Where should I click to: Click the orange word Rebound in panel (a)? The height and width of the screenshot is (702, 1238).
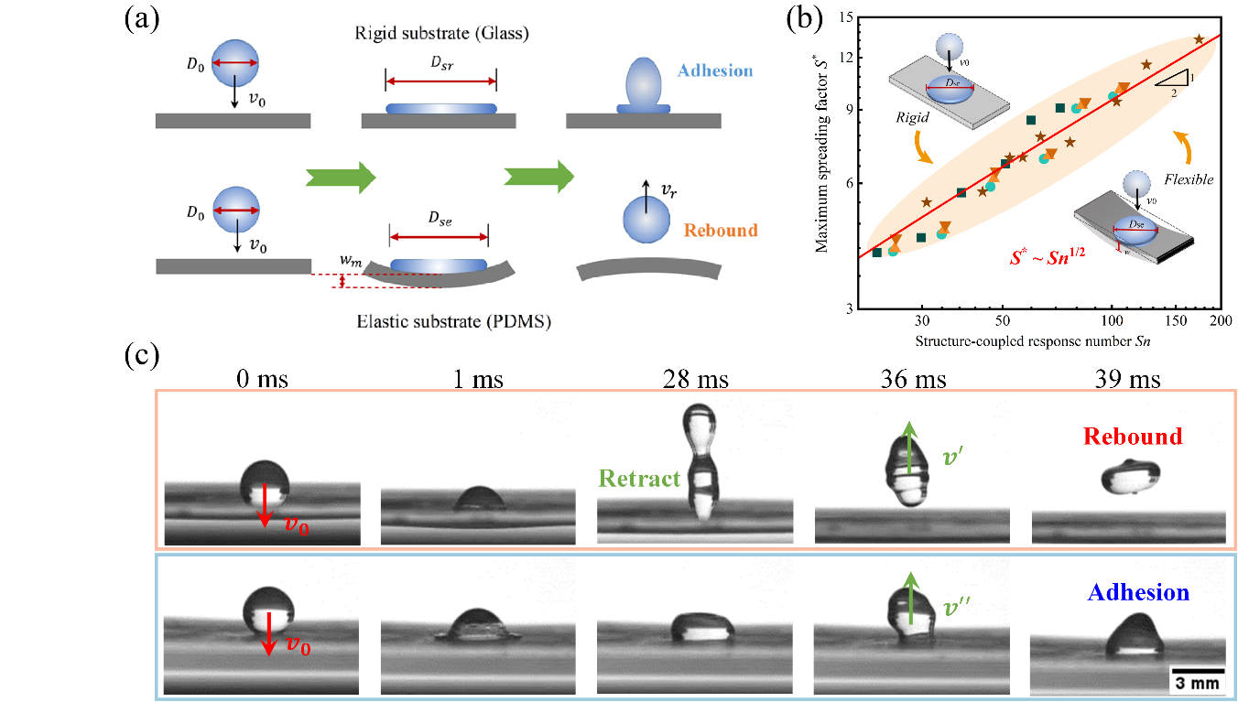point(721,230)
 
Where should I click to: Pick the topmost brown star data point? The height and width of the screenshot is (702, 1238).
point(1200,39)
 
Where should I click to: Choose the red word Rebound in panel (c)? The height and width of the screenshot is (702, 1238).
point(1133,437)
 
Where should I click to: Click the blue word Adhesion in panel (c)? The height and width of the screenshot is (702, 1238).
point(1138,593)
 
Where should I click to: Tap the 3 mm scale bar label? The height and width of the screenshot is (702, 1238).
point(1196,683)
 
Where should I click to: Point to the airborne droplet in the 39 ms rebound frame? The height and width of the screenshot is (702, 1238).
point(1128,479)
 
